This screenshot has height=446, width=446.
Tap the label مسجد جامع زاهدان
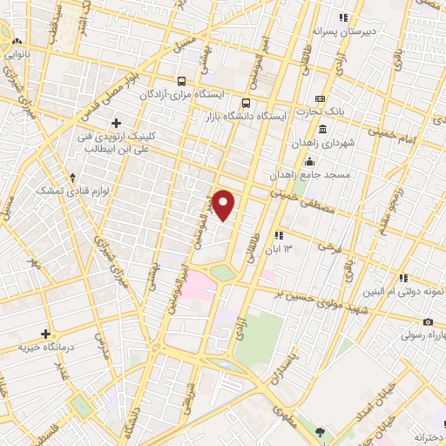pos(348,174)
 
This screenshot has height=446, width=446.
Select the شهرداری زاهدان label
pos(347,143)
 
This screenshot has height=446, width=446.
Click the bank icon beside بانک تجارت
pos(320,98)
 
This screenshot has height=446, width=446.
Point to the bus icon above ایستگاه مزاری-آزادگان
pos(180,78)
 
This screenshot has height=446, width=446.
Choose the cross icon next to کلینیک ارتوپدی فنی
pos(116,123)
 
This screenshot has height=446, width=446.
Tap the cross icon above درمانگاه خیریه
pos(45,334)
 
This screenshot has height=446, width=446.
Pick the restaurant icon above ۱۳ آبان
pos(278,235)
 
